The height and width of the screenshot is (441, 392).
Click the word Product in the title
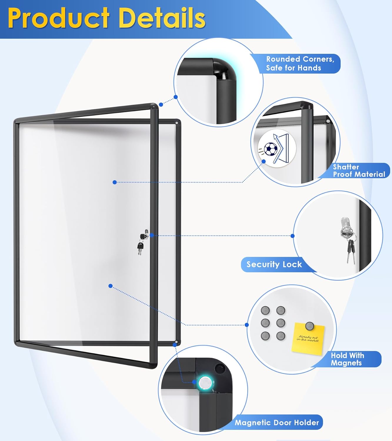(59, 18)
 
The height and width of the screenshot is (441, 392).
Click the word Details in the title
(162, 18)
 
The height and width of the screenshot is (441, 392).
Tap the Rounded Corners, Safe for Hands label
(300, 64)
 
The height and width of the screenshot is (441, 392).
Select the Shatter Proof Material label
(359, 171)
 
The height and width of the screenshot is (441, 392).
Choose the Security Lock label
(274, 264)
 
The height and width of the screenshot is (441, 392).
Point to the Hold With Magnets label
(347, 359)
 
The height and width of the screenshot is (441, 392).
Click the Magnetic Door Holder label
(277, 422)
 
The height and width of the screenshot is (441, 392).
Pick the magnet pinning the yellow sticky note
(309, 326)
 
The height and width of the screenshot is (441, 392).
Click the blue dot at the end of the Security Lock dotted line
(292, 236)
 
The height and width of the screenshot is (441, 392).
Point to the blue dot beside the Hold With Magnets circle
(247, 325)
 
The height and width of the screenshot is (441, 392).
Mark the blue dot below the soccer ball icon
(264, 161)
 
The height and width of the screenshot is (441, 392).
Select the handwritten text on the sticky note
(308, 339)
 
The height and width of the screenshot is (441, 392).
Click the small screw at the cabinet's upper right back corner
(176, 123)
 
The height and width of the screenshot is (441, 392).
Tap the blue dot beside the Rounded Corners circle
(176, 97)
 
